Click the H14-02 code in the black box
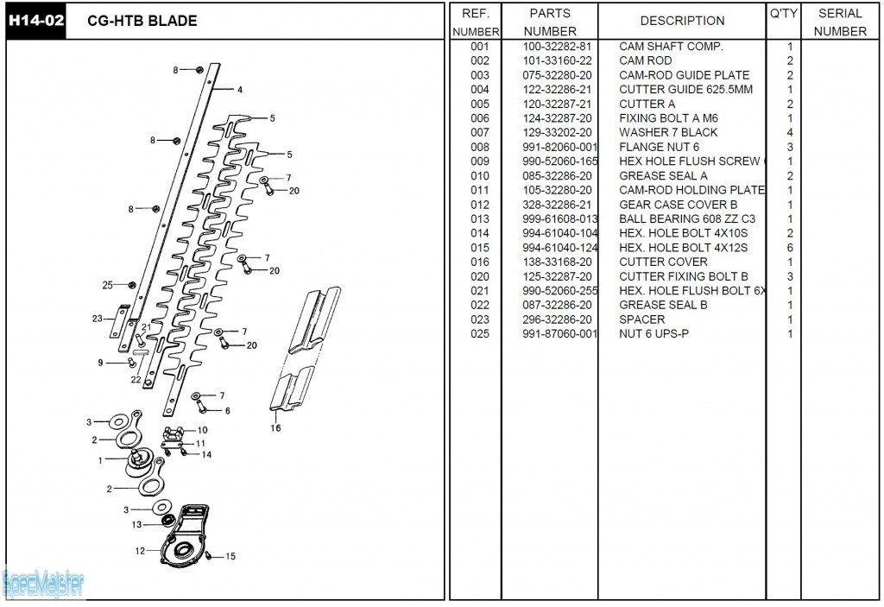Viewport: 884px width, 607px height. pyautogui.click(x=36, y=21)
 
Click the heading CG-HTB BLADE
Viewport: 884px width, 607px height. pyautogui.click(x=142, y=21)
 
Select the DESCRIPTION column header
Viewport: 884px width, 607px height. pyautogui.click(x=682, y=21)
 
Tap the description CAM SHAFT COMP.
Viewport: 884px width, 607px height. pyautogui.click(x=671, y=47)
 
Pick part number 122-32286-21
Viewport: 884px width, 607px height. pyautogui.click(x=557, y=90)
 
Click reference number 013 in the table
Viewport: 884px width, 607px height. pyautogui.click(x=480, y=219)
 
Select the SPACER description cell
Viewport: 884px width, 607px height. pyautogui.click(x=643, y=319)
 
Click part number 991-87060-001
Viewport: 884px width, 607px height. pyautogui.click(x=559, y=334)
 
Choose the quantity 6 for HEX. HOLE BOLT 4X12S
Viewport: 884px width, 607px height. pyautogui.click(x=789, y=248)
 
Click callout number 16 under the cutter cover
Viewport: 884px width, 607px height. pyautogui.click(x=276, y=427)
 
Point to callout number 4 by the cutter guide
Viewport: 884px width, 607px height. pyautogui.click(x=239, y=90)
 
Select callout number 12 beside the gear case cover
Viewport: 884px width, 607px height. pyautogui.click(x=140, y=550)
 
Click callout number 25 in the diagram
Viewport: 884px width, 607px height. pyautogui.click(x=107, y=285)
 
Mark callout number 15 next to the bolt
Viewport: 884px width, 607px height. pyautogui.click(x=230, y=557)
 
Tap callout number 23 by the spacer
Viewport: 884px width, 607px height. pyautogui.click(x=97, y=319)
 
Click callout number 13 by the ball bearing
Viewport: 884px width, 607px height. pyautogui.click(x=136, y=524)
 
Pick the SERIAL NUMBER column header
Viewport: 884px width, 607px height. pyautogui.click(x=839, y=22)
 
